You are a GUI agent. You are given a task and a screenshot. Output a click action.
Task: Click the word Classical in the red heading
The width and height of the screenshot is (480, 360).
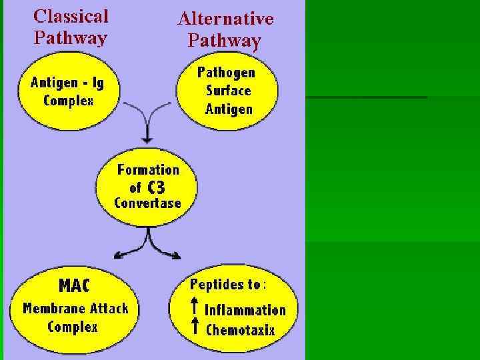tap(71, 16)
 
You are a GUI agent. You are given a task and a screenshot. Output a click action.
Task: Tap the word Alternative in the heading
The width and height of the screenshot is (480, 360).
tap(225, 19)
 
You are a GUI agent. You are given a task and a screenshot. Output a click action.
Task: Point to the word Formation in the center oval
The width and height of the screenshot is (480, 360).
tap(148, 170)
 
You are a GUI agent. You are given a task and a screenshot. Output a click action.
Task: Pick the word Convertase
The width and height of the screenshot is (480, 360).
tap(147, 203)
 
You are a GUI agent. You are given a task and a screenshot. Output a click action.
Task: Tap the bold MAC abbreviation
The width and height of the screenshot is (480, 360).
tap(74, 285)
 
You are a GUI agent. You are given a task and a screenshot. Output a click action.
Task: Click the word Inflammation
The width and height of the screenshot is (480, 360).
tap(245, 310)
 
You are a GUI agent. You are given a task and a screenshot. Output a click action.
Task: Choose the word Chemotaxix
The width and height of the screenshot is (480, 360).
tap(240, 329)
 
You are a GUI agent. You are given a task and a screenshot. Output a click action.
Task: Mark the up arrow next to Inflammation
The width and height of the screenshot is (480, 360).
tap(195, 307)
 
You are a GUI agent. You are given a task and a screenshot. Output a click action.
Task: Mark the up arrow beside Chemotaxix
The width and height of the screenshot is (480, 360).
tap(195, 326)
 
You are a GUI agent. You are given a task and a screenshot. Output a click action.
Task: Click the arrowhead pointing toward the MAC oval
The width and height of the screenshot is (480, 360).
tap(117, 255)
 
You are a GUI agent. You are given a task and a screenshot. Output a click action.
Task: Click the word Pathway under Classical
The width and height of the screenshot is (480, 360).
tap(70, 37)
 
